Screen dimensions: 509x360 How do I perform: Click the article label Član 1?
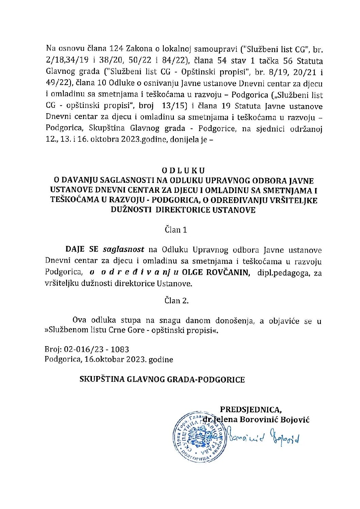pyautogui.click(x=176, y=230)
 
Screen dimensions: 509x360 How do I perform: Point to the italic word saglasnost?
pyautogui.click(x=124, y=250)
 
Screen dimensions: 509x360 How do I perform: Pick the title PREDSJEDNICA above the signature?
pyautogui.click(x=251, y=409)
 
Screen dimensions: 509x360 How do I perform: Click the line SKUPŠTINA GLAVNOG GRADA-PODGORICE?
pyautogui.click(x=162, y=379)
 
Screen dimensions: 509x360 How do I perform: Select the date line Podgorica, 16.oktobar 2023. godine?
pyautogui.click(x=109, y=359)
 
